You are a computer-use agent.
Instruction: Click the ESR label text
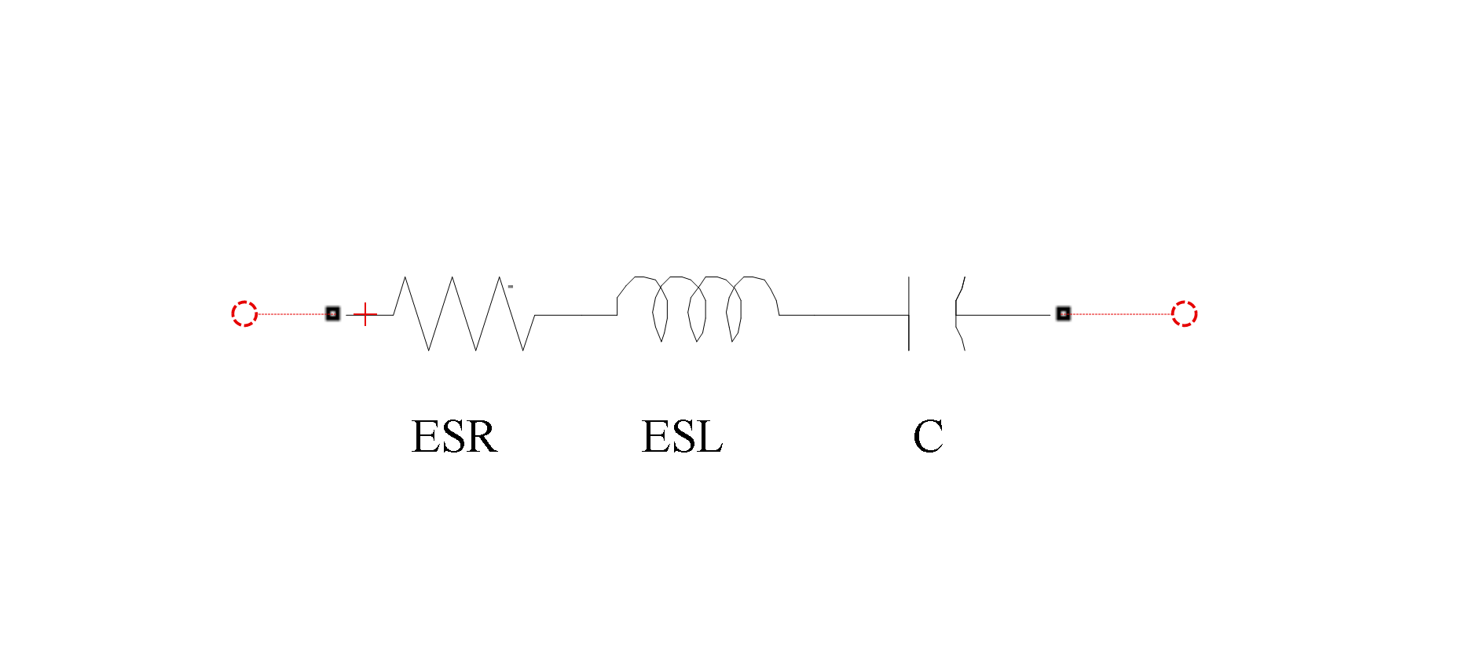coord(455,437)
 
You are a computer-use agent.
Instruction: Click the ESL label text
coord(682,437)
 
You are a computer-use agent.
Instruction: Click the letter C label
coord(928,437)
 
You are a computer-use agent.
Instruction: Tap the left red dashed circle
coord(244,313)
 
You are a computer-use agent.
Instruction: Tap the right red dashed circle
coord(1184,313)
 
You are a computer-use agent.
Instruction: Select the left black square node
coord(332,313)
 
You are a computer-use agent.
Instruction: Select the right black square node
coord(1063,313)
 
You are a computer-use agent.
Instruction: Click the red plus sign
coord(365,314)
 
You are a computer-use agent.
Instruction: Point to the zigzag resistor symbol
coord(464,313)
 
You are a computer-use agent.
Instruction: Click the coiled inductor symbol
coord(698,309)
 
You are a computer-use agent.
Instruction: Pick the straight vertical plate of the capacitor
coord(909,313)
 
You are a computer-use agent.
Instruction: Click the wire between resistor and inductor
coord(576,315)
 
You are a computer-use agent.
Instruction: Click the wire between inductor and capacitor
coord(844,315)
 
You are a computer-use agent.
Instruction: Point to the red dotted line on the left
coord(291,313)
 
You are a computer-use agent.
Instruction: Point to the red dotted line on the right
coord(1120,313)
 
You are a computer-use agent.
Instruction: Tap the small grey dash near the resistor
coord(511,287)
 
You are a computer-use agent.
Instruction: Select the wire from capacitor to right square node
coord(1003,315)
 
